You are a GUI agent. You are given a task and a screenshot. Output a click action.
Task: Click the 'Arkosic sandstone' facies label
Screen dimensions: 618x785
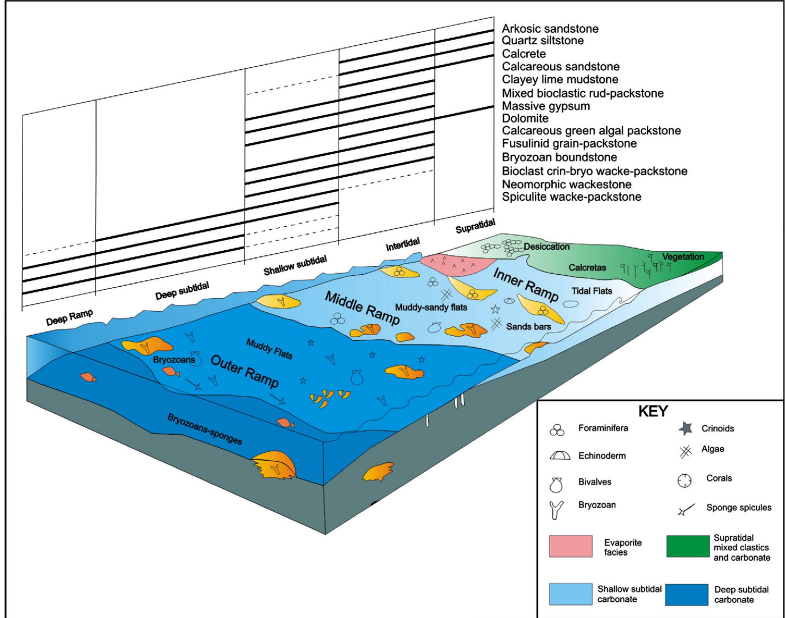point(550,29)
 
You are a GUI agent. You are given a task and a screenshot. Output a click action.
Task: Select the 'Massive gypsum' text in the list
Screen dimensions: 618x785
point(546,106)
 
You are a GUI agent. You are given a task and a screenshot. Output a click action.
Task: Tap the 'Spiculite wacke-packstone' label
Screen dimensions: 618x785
point(571,197)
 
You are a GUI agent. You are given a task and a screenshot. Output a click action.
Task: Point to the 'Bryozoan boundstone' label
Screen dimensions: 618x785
point(559,157)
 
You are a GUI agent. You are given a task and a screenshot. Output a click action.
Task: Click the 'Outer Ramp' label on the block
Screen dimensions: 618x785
point(244,371)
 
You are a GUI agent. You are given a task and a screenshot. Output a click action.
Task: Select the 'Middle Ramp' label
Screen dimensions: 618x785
point(362,308)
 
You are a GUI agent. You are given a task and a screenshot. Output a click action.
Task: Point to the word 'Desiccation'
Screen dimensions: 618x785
point(546,247)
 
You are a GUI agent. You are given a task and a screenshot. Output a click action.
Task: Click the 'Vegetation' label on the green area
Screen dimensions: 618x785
point(683,257)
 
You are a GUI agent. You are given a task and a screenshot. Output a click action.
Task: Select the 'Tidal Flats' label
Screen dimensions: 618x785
point(592,291)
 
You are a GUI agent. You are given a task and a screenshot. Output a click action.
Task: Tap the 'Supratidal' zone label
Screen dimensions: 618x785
point(475,226)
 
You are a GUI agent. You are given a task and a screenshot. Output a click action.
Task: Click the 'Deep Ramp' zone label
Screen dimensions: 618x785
point(69,317)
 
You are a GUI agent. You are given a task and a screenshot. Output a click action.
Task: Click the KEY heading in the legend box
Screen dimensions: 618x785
point(653,412)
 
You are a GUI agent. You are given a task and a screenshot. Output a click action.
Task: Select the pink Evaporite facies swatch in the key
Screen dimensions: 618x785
point(570,546)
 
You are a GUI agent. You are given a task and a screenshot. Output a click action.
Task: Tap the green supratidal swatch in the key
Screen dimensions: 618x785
point(688,546)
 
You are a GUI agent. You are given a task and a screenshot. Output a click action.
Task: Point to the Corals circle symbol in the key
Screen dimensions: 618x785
point(685,481)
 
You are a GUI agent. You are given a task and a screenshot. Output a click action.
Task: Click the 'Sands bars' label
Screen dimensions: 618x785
point(528,326)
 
